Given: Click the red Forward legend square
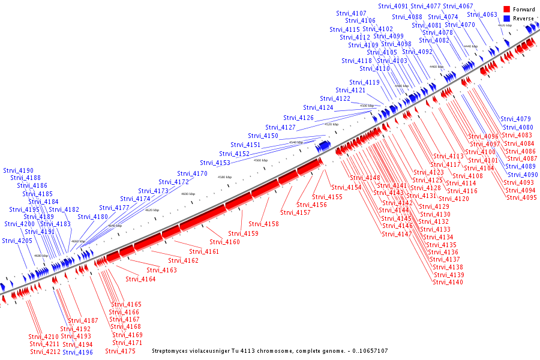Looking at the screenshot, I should point(506,10).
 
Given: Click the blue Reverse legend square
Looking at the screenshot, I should point(506,19).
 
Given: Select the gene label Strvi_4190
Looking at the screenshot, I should point(18,170).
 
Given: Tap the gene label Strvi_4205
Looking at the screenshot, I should point(17,241).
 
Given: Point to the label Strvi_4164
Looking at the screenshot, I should point(140,279).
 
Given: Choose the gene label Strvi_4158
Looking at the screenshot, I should point(263,224).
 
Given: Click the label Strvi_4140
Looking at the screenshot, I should point(448,282).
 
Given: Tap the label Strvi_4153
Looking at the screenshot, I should point(215,163).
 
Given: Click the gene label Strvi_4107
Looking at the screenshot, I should point(351,13).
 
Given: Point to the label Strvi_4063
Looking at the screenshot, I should point(482,14).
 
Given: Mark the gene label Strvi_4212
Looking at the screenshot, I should point(45,352).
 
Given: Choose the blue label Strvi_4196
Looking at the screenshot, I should point(77,352).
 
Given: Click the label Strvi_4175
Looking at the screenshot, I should point(120,351).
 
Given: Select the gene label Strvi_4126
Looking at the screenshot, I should point(298,118).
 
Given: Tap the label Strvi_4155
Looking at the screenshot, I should point(328,197).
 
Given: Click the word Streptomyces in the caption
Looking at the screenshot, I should point(172,351).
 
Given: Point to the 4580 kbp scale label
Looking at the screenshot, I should point(224,177).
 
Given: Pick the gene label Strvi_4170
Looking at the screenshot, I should point(192,173).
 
